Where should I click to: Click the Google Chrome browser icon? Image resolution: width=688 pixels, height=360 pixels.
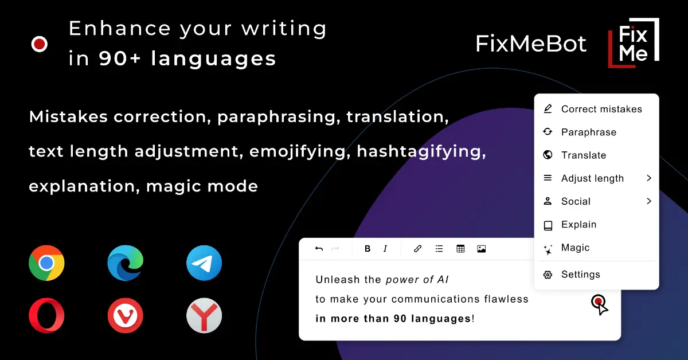[x=46, y=263]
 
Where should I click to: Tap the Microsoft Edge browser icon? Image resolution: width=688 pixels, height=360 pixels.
[x=125, y=263]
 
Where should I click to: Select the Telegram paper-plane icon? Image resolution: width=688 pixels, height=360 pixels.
[x=204, y=263]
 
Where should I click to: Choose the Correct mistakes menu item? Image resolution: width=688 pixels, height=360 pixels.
[x=601, y=109]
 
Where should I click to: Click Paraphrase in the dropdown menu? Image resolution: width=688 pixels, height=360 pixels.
[x=588, y=132]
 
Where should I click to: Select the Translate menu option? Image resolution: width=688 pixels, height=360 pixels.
[x=583, y=155]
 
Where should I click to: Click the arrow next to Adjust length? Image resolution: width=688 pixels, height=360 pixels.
[x=649, y=178]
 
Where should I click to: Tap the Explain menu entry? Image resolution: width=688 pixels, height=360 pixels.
[x=578, y=225]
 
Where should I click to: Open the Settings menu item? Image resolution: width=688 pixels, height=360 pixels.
[x=580, y=275]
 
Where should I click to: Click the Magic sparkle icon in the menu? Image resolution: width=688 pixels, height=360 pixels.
[x=548, y=248]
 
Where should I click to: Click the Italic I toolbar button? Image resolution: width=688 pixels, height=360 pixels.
[x=385, y=249]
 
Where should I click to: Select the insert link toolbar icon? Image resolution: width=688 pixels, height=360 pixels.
[x=418, y=249]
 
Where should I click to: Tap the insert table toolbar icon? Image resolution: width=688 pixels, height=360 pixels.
[x=460, y=249]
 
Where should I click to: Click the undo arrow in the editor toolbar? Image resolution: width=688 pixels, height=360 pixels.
[x=319, y=249]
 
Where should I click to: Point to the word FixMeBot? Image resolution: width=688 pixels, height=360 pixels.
[x=531, y=44]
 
